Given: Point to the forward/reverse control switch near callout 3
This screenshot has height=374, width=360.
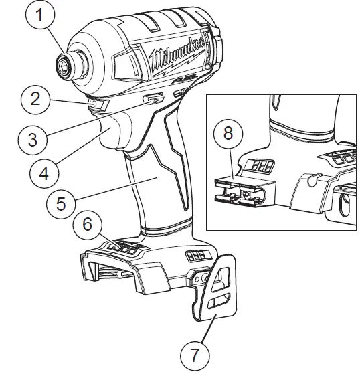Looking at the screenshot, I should click(x=154, y=101).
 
